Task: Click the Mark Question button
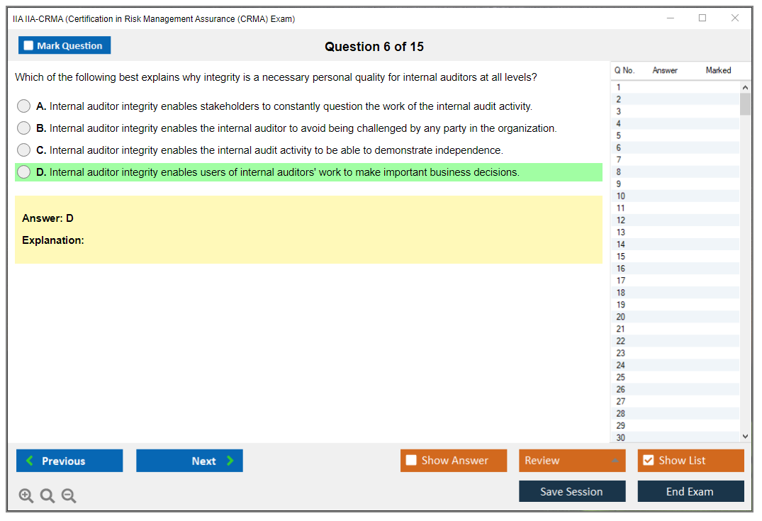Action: pos(64,45)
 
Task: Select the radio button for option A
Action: pos(23,106)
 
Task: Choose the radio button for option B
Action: pos(23,128)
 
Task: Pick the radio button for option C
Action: pos(23,150)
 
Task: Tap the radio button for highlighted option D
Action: pos(23,172)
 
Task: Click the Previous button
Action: pos(69,461)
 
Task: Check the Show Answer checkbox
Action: pos(411,460)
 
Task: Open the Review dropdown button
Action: pos(572,461)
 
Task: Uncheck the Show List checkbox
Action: pos(649,460)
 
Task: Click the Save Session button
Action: pos(572,491)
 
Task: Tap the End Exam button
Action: pos(690,491)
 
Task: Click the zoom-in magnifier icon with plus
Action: pos(26,495)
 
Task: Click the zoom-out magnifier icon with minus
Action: pos(69,495)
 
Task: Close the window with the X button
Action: pos(735,18)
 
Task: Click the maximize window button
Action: pos(702,18)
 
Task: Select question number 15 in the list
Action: pos(621,257)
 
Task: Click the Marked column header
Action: pos(718,70)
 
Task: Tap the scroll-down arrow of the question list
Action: pos(746,437)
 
